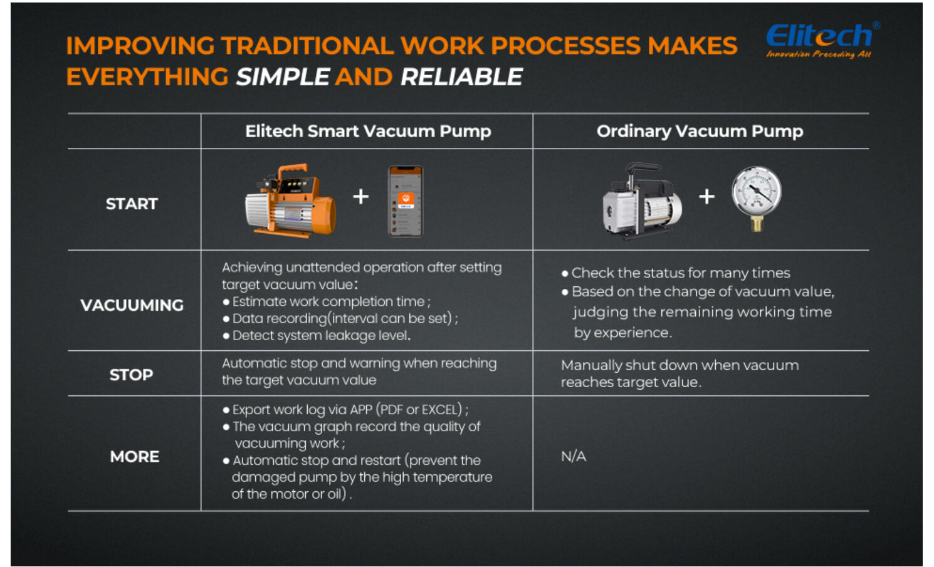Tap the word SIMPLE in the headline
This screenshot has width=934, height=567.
coord(283,77)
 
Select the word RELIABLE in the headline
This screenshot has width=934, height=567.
coord(461,77)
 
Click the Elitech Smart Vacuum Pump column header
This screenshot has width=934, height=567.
coord(368,131)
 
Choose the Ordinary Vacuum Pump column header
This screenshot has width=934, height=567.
coord(700,131)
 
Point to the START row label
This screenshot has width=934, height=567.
coord(132,204)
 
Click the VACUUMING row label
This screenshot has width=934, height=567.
coord(132,305)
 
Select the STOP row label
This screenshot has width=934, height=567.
coord(132,375)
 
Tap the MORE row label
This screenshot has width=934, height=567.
coord(135,457)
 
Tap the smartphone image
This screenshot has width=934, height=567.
coord(406,201)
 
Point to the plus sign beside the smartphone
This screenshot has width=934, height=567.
coord(360,197)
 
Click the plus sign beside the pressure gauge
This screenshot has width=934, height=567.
coord(706,197)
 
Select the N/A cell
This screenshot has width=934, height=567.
coord(574,457)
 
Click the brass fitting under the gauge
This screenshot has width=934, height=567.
coord(757,224)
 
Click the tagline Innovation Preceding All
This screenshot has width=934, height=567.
coord(819,54)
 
